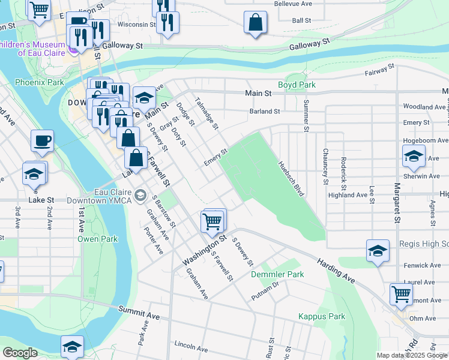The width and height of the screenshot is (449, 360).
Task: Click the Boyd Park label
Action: point(297,85)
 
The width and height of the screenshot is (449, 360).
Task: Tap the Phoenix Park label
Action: point(39,82)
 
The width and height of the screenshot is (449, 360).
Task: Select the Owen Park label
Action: point(98,239)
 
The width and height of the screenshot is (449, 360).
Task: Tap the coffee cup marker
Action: point(42,141)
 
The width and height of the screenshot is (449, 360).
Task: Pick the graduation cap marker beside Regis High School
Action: point(378,251)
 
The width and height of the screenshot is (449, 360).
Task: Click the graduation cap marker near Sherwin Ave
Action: point(414,157)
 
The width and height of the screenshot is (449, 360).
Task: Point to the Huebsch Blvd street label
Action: point(291,179)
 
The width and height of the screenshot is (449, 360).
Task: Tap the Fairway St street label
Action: point(379,71)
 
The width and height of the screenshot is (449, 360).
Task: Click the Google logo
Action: point(20,353)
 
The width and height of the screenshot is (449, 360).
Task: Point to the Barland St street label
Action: point(265,111)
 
